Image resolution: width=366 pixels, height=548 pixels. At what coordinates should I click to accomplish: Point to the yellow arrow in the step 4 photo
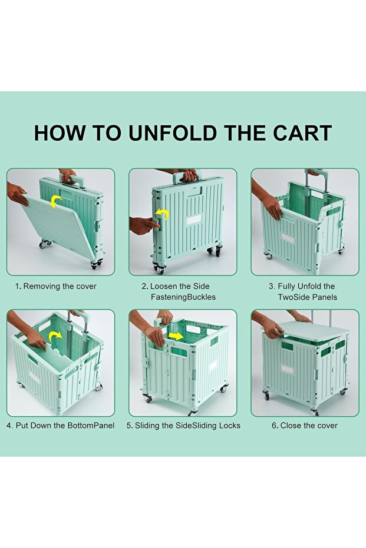pyautogui.click(x=55, y=337)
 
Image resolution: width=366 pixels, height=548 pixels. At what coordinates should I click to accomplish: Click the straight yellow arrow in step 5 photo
pyautogui.click(x=175, y=336)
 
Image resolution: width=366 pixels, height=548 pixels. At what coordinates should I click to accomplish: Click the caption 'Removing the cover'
pyautogui.click(x=60, y=286)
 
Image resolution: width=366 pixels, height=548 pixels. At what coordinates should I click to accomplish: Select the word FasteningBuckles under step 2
pyautogui.click(x=183, y=297)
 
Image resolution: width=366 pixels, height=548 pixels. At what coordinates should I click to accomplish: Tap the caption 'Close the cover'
pyautogui.click(x=309, y=426)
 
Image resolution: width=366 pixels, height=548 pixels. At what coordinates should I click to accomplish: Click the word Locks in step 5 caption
pyautogui.click(x=229, y=426)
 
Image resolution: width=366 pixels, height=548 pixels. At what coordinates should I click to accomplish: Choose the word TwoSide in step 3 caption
pyautogui.click(x=292, y=297)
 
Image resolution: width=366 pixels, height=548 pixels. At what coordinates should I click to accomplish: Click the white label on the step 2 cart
pyautogui.click(x=194, y=220)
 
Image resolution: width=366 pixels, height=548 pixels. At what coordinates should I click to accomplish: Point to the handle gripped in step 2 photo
pyautogui.click(x=187, y=175)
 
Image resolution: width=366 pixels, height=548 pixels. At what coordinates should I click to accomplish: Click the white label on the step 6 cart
pyautogui.click(x=287, y=369)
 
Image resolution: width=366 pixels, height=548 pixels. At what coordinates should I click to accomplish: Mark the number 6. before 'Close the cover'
pyautogui.click(x=275, y=426)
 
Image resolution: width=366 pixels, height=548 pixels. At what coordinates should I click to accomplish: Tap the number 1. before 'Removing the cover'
pyautogui.click(x=18, y=286)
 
